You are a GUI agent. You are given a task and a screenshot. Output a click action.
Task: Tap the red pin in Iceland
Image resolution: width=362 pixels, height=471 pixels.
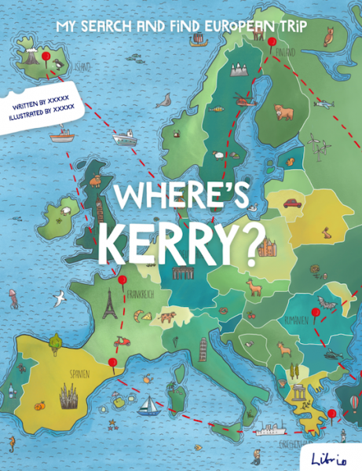pyautogui.click(x=46, y=57)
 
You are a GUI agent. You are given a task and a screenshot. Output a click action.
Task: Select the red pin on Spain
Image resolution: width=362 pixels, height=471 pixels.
pyautogui.click(x=112, y=361)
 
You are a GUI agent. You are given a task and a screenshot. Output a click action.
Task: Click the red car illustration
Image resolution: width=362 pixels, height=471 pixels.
pyautogui.click(x=291, y=203)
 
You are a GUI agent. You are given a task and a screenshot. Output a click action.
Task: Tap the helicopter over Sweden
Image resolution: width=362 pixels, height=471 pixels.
pyautogui.click(x=242, y=100)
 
